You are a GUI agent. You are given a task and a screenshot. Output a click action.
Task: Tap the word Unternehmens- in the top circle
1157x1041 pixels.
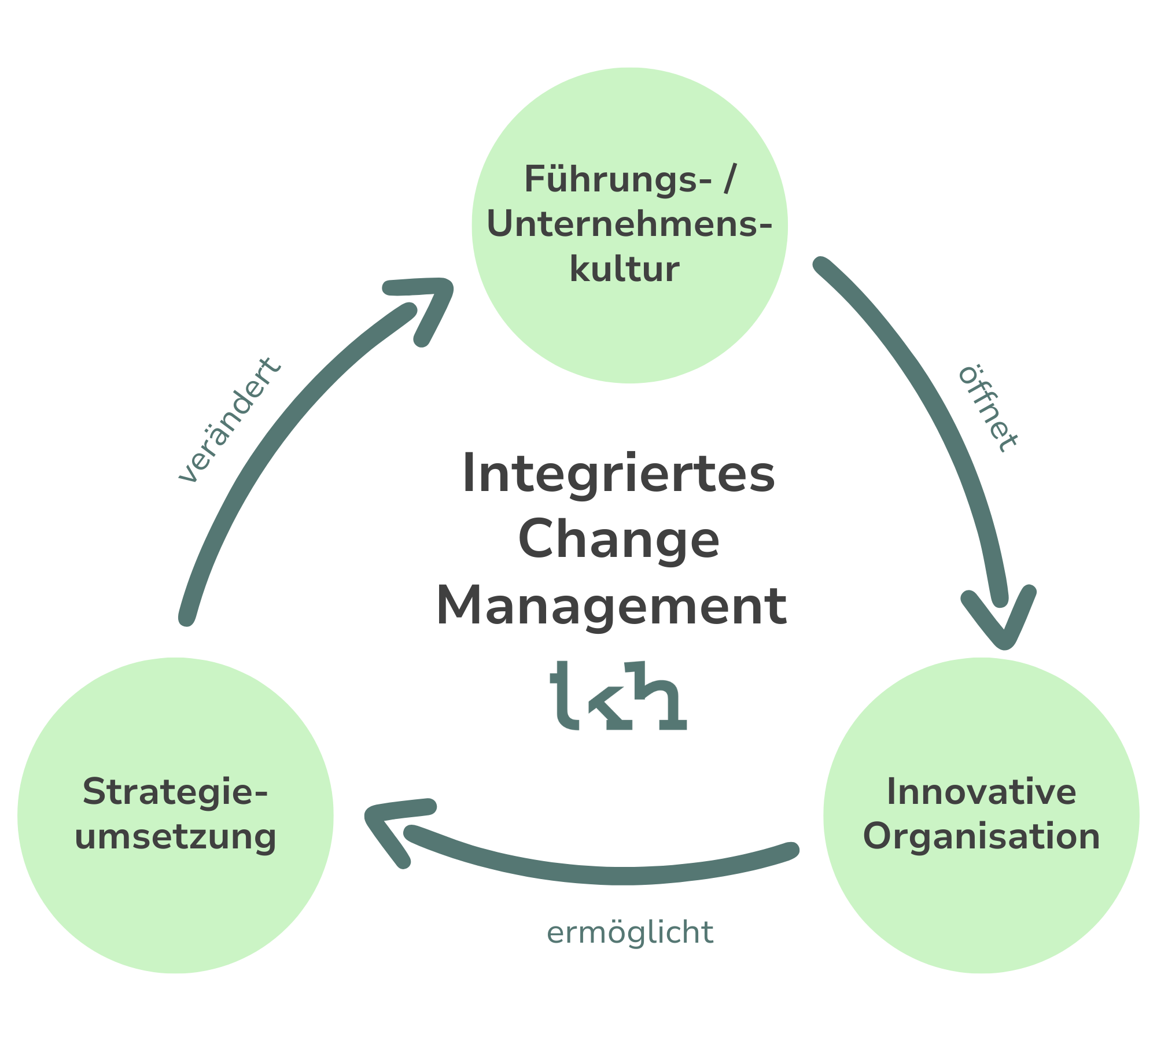[629, 224]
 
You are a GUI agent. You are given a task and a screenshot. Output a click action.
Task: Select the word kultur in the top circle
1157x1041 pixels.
[625, 270]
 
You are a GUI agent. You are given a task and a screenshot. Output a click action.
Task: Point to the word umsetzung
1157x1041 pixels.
[175, 837]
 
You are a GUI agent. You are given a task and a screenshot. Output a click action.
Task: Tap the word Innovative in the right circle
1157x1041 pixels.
[981, 792]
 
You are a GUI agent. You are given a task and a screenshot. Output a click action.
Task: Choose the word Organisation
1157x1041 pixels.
[981, 837]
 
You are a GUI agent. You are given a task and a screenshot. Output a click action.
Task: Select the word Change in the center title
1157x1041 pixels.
[618, 540]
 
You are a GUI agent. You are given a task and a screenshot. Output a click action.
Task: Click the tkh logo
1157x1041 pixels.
[617, 697]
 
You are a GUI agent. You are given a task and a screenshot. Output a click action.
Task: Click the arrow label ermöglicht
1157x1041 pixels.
[630, 932]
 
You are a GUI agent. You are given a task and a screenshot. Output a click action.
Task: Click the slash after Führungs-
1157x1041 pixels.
[728, 180]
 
